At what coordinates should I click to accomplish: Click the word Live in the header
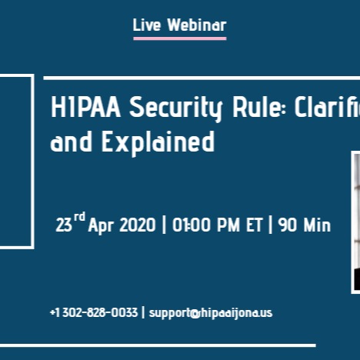147,25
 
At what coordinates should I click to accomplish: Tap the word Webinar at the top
197,25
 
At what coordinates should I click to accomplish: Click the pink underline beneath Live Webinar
179,38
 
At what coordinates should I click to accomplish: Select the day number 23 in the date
64,225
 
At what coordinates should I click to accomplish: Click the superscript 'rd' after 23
79,218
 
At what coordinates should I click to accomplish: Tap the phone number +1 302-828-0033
94,313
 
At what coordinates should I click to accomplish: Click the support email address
211,313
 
